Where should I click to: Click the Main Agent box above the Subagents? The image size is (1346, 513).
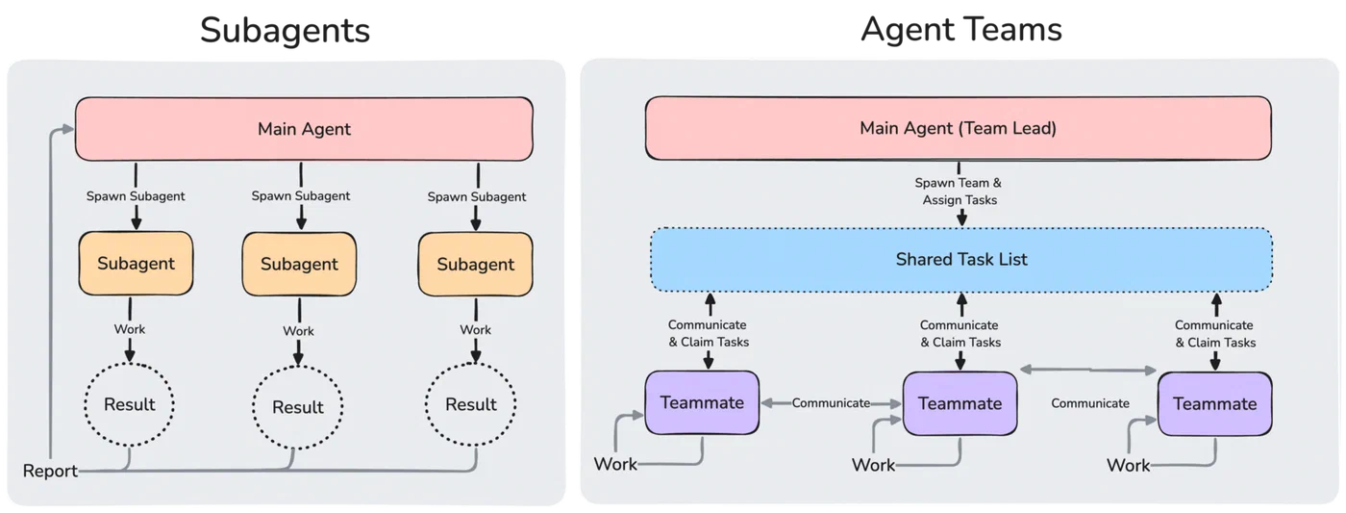304,129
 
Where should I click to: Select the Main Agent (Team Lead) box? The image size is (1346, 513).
958,128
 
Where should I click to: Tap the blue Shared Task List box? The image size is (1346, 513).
960,259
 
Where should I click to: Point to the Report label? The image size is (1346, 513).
50,471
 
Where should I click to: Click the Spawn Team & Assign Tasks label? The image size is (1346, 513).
958,192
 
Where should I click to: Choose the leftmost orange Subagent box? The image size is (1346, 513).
136,263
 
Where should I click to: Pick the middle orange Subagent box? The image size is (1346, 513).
299,264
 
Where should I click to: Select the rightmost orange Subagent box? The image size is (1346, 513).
475,264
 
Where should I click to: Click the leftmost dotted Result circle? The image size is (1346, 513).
129,404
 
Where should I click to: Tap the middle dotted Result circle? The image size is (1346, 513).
297,406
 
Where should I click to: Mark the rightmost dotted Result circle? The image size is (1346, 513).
470,404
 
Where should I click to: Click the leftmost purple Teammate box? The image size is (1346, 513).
702,402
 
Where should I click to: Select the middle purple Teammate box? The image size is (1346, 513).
960,403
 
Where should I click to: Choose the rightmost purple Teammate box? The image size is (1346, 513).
1214,403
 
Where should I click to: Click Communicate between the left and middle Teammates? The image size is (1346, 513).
831,403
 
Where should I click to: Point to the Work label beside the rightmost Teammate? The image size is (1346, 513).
1128,465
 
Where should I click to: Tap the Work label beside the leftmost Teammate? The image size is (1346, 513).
615,464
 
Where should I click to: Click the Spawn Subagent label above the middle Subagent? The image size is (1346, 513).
300,195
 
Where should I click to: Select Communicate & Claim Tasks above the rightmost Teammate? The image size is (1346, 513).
1214,334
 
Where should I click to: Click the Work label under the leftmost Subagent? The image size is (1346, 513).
129,329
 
